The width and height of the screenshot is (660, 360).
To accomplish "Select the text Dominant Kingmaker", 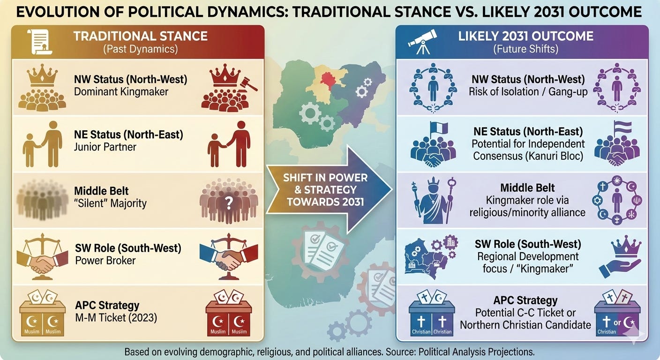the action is pos(121,91).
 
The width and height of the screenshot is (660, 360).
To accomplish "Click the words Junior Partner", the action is pos(105,147).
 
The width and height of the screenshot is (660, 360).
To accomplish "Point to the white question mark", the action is pos(229,202).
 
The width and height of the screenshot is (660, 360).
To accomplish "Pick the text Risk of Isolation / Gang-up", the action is pos(528,91).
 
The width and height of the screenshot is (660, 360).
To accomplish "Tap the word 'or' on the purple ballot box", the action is pos(617,322).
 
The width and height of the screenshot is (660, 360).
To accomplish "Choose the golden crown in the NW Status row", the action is pos(43,77).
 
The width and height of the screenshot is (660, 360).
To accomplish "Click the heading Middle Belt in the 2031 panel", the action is pos(527,187).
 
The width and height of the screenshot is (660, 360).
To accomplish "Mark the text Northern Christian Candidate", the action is pos(525,324).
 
